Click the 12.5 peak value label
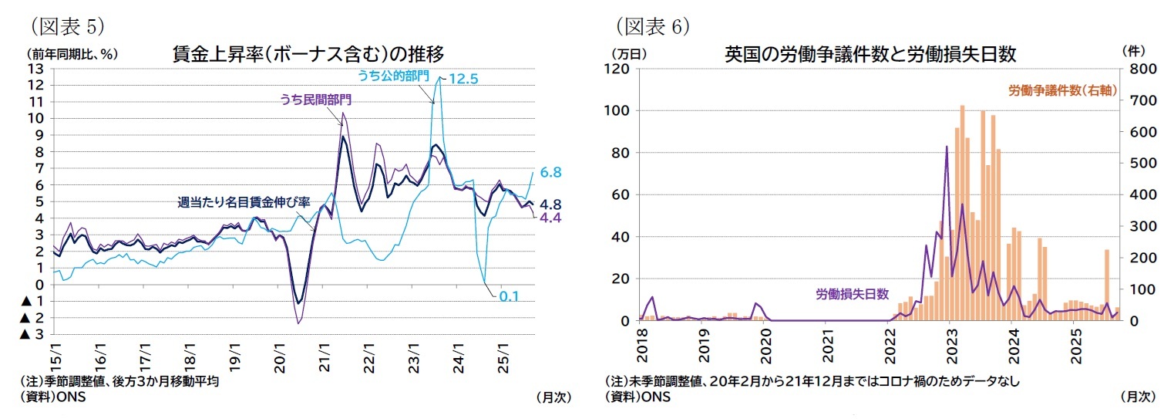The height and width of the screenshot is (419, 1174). (x=464, y=78)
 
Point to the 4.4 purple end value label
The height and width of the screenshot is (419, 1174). (x=550, y=218)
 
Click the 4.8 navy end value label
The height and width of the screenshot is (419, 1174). (x=550, y=204)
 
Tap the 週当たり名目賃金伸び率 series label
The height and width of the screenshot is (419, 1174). (x=244, y=202)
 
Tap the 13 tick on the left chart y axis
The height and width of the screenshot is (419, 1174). (x=35, y=69)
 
